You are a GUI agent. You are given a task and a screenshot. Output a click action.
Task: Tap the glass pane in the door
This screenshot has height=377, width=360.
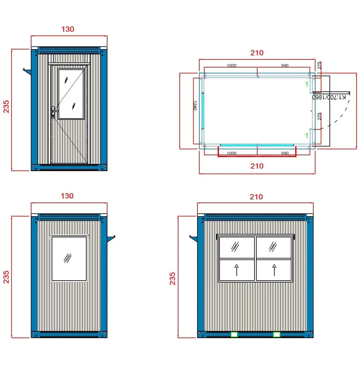tap(71, 94)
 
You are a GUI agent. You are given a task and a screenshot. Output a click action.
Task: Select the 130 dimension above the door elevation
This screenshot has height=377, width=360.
tap(68, 29)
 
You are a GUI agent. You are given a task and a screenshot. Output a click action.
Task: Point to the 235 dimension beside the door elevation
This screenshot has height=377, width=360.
tap(6, 106)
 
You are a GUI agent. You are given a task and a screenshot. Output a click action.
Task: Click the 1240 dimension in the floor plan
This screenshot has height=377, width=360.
tap(195, 105)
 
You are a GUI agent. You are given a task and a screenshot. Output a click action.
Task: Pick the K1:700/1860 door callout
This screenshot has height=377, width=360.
tap(329, 97)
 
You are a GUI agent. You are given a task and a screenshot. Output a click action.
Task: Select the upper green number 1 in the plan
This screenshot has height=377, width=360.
tap(307, 84)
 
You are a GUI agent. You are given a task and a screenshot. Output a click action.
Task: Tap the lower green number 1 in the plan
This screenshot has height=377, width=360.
tap(307, 136)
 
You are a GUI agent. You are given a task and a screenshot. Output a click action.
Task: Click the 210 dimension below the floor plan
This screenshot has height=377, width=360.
tap(257, 166)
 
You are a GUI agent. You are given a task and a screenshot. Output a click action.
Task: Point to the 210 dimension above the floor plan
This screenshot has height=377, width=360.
tap(257, 53)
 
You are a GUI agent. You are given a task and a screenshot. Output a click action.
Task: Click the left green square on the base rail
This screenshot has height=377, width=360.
tap(234, 334)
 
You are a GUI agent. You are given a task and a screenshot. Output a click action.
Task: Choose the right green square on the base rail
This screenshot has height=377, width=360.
tap(276, 334)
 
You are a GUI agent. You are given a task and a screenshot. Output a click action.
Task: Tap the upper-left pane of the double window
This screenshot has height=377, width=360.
tap(237, 248)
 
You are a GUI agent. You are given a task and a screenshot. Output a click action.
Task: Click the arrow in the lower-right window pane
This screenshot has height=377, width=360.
tap(274, 270)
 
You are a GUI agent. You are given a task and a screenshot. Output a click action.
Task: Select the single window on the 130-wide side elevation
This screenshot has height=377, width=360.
tap(69, 258)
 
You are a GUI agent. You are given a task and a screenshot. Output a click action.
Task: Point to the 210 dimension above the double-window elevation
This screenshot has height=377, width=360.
tap(256, 197)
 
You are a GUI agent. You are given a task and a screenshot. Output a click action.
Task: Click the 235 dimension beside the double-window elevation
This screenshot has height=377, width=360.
tap(173, 278)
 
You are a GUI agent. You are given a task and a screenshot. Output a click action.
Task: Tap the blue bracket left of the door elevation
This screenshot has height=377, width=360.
tap(27, 71)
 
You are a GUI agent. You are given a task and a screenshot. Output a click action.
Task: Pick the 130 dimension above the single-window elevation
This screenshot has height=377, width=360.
tap(67, 196)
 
